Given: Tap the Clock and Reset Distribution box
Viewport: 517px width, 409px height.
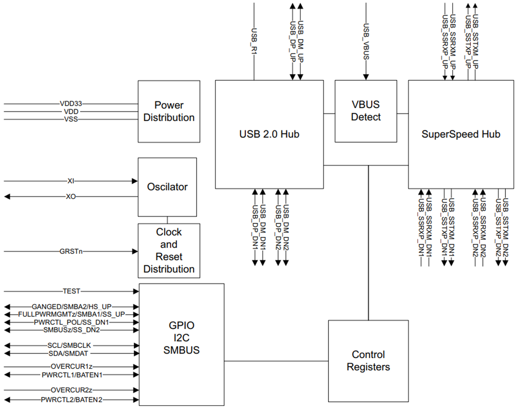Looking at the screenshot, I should click(x=169, y=251).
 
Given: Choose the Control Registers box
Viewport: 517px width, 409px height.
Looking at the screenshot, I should click(x=368, y=361).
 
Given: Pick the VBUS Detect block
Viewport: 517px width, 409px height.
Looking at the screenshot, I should click(x=366, y=111).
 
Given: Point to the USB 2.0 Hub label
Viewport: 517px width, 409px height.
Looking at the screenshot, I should click(x=269, y=134).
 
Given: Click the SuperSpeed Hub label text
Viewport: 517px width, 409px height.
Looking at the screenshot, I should click(x=461, y=134).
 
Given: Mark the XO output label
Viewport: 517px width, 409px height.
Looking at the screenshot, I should click(x=71, y=197).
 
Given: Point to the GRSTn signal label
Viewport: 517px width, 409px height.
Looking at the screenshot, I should click(x=71, y=252).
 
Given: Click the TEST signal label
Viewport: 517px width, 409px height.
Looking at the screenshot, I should click(x=71, y=291).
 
